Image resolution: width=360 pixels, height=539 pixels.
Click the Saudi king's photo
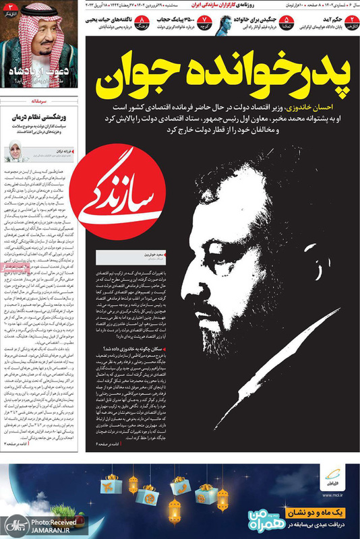click(x=40, y=47)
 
